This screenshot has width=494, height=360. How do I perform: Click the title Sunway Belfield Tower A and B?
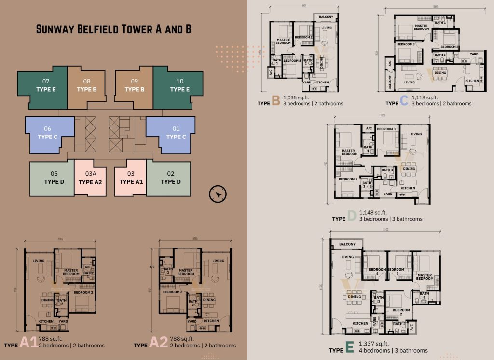[114, 29]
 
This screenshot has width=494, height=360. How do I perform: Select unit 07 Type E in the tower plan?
[46, 86]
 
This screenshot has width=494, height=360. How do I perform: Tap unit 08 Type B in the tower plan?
[87, 86]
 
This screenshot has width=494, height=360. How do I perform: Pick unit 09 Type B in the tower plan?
[134, 86]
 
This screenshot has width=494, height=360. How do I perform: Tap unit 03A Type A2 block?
[90, 178]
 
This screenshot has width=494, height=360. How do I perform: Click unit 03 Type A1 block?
[130, 178]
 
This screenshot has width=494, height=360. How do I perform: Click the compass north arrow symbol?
[218, 194]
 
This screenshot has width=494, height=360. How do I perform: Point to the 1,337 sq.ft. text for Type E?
[374, 344]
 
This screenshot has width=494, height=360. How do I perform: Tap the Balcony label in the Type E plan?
[347, 244]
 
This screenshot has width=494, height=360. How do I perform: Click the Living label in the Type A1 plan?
[39, 261]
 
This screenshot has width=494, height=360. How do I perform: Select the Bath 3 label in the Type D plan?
[387, 170]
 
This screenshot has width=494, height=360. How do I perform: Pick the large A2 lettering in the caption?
[159, 342]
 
